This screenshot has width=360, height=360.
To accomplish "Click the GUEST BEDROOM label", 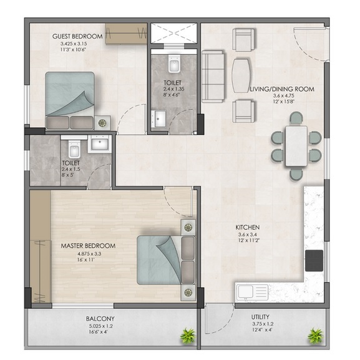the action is point(77,36).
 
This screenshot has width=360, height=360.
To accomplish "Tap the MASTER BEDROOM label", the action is point(88,246).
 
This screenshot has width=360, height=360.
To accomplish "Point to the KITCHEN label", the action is point(248,227).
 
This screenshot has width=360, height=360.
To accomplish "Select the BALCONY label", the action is point(100,319).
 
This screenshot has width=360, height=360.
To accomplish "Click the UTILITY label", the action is point(260,317).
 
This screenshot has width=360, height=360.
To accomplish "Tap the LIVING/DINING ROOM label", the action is point(282,89).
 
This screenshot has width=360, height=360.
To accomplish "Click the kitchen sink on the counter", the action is point(252,292).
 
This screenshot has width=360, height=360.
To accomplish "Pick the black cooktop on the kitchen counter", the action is point(314,261).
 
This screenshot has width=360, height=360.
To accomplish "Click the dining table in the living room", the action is point(296,146).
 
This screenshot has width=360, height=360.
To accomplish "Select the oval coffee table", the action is point(241,75).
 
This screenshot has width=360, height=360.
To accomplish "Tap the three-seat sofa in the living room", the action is point(213,77).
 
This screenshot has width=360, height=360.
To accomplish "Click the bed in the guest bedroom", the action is point(70,101).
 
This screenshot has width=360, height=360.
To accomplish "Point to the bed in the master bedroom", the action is point(166,260).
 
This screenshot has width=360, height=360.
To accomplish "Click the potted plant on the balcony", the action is point(188,336).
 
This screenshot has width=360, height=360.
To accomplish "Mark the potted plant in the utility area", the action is point(316,336).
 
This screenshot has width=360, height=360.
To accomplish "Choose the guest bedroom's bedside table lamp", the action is point(102,123).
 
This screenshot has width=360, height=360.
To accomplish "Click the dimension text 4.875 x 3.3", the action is point(90,254).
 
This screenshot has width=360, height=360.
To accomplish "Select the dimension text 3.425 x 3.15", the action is point(74,44).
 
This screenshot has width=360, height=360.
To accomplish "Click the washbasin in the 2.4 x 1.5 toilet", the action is point(100,144).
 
